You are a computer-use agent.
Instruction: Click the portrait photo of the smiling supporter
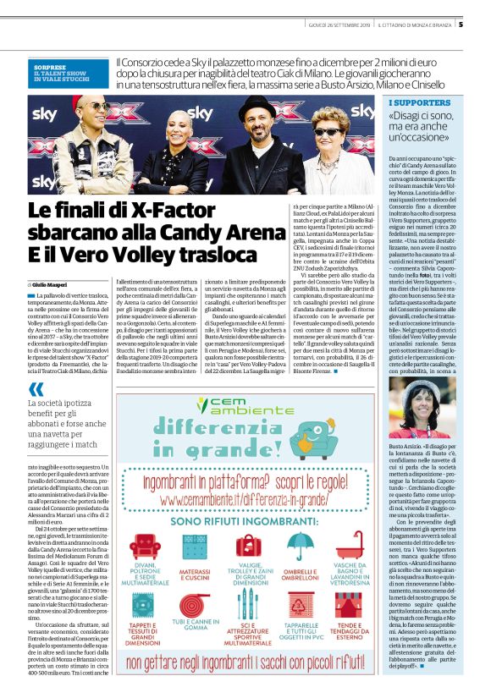coord(411,407)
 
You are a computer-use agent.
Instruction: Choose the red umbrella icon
coord(301,547)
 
